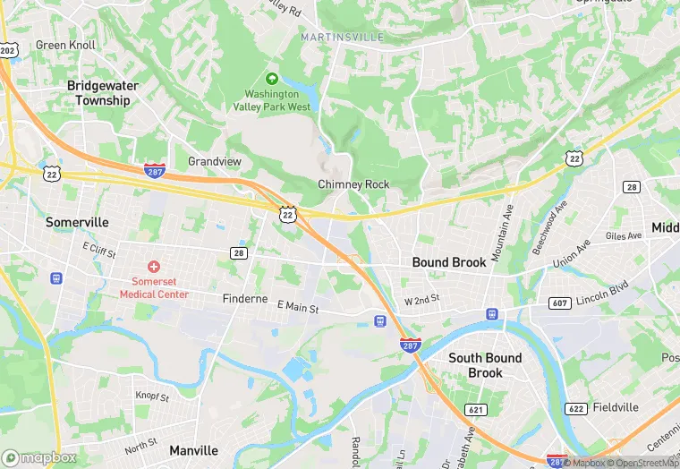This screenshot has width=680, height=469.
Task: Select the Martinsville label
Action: tap(343, 37)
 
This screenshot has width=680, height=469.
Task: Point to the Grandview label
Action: tap(215, 162)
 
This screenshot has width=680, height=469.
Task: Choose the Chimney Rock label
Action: tap(354, 184)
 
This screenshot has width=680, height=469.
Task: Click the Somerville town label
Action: tap(77, 222)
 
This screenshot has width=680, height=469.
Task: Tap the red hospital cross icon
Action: tap(154, 267)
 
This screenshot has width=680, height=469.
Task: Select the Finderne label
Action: tap(244, 298)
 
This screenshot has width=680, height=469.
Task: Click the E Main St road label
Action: tap(298, 308)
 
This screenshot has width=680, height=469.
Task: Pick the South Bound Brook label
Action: tap(485, 365)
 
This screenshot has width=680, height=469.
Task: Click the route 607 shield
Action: tap(561, 303)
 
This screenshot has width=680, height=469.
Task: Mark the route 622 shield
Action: tap(576, 408)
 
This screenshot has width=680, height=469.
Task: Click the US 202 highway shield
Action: tap(7, 51)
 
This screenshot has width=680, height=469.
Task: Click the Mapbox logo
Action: tap(40, 457)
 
